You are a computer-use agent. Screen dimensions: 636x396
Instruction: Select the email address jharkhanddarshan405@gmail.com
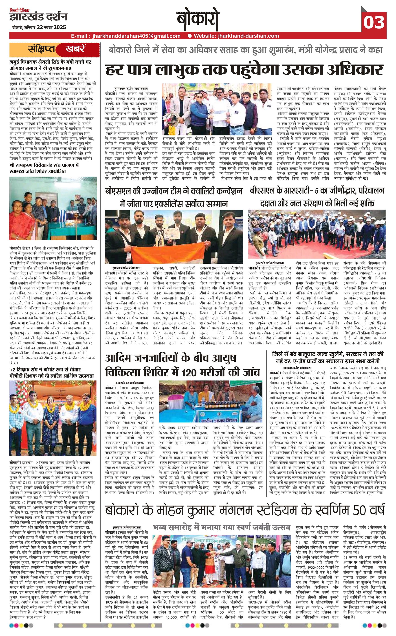[x=136, y=36]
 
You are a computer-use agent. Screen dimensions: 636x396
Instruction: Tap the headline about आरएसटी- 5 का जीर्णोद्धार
[x=317, y=197]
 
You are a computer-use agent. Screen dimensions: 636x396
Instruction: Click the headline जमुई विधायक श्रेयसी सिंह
[x=50, y=65]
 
